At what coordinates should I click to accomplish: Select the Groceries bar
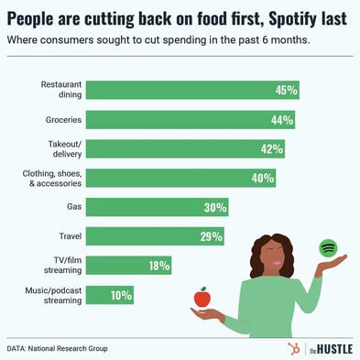[193, 120]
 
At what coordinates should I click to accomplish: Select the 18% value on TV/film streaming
[158, 267]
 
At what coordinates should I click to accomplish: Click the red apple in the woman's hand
[202, 298]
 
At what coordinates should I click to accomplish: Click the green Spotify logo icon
[327, 248]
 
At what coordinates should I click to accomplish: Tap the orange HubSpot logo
[294, 349]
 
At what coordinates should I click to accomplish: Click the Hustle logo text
[330, 349]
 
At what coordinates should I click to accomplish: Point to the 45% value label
[286, 91]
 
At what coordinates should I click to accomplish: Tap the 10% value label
[121, 295]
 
